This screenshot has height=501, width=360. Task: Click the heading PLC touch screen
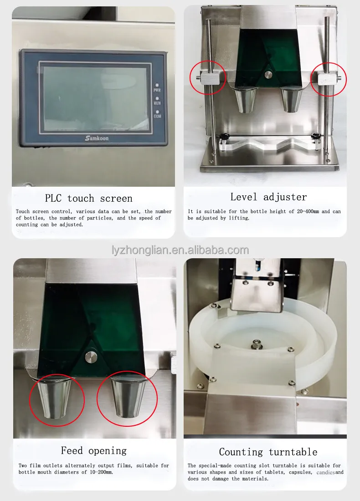click(88, 199)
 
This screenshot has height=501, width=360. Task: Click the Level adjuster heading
click(268, 197)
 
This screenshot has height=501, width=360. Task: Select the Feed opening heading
click(93, 451)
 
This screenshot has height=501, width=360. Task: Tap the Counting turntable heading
click(268, 452)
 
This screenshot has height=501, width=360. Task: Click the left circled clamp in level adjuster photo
click(207, 78)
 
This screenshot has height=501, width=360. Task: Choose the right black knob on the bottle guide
click(314, 136)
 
